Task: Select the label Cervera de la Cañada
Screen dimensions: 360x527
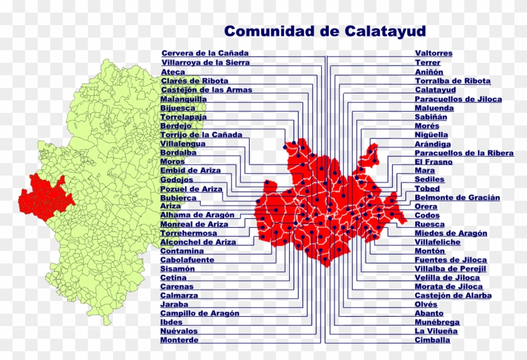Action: [205, 53]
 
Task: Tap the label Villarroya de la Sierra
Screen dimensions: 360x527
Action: [205, 62]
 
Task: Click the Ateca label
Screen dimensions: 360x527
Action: [173, 71]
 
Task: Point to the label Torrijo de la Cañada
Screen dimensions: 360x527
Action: [201, 135]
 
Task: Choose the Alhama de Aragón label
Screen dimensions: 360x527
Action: [198, 215]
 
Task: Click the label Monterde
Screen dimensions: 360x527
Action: [179, 340]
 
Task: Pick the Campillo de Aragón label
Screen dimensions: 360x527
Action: [200, 313]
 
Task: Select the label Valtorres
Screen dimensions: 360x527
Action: [434, 53]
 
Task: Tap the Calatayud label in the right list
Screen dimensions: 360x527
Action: [435, 90]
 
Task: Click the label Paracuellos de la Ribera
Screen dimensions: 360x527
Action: [464, 153]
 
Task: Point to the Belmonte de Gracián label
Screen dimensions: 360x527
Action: [457, 198]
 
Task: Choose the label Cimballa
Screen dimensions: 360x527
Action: [432, 340]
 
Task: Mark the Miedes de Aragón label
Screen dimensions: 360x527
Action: [450, 233]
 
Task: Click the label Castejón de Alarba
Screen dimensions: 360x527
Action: [453, 295]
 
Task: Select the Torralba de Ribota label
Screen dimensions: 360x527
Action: [452, 81]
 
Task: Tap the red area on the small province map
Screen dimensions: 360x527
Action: [44, 196]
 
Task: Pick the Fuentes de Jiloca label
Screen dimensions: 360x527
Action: [450, 260]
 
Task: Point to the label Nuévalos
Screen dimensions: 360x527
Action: [179, 331]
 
